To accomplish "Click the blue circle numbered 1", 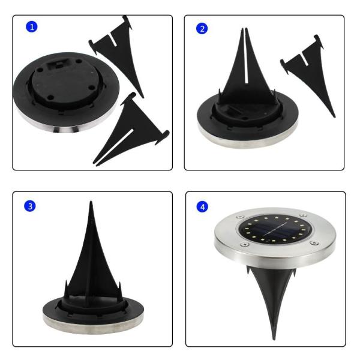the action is click(x=32, y=27).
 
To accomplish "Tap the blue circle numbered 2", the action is click(x=202, y=29).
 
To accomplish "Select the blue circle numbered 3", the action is click(x=30, y=206).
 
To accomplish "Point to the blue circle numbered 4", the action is click(x=202, y=206).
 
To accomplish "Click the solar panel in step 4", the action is click(x=274, y=229).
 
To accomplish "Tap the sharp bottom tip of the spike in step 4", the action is click(x=274, y=339).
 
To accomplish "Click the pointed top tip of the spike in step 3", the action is click(x=91, y=202).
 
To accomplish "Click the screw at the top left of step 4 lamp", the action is click(x=241, y=217).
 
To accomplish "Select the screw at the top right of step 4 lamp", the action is click(x=303, y=215).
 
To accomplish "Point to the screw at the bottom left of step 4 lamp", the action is click(x=244, y=244).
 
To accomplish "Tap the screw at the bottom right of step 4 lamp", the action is click(x=314, y=242).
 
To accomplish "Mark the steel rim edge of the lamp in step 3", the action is click(x=93, y=322).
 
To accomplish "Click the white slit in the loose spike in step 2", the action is click(x=305, y=59).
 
